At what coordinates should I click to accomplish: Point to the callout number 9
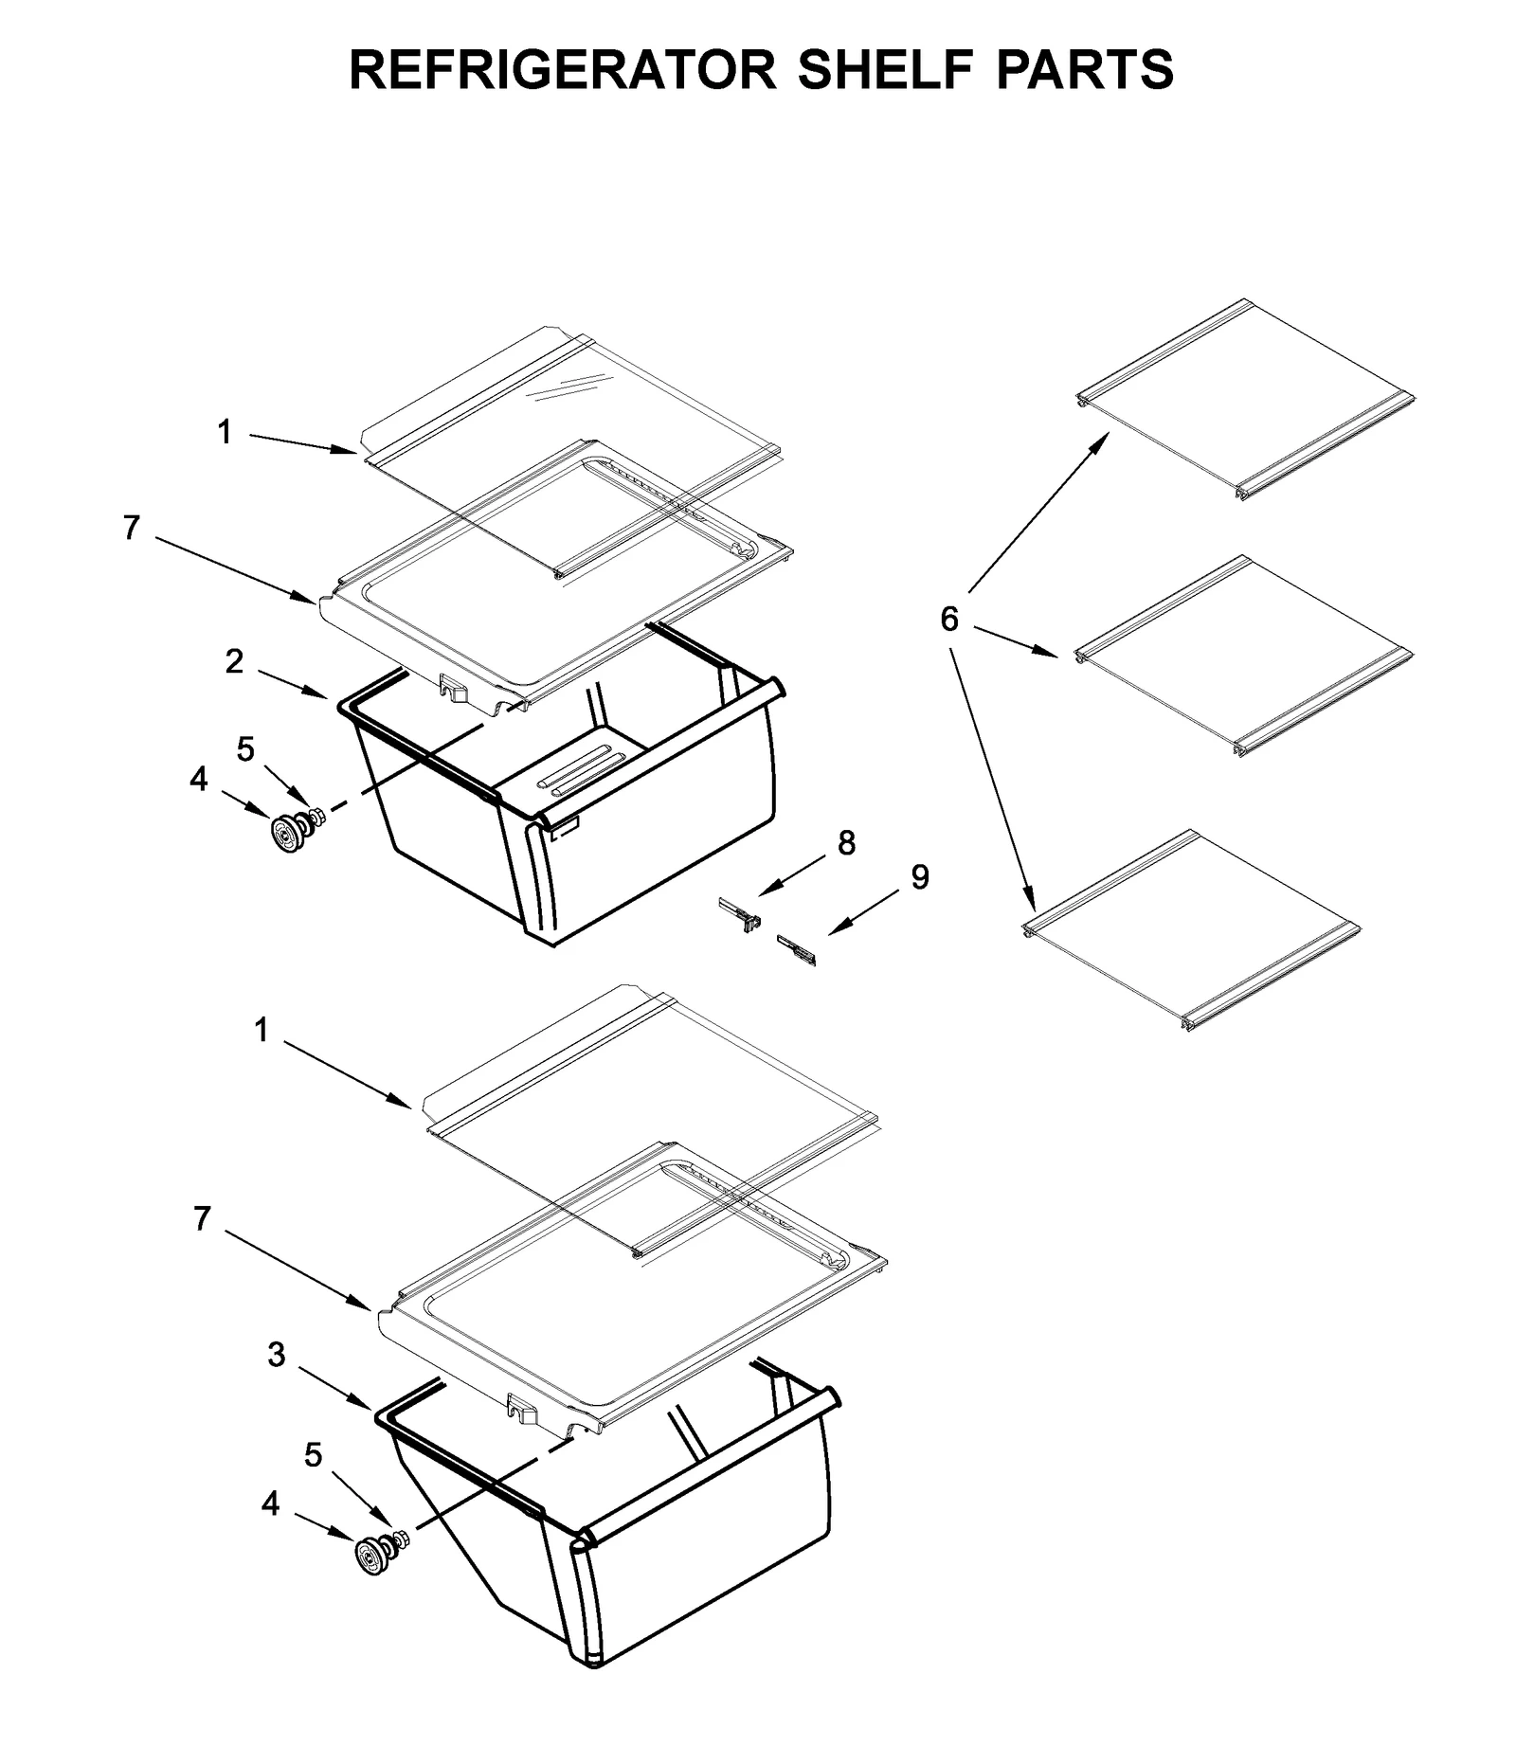(x=919, y=877)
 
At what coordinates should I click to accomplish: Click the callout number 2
(x=234, y=661)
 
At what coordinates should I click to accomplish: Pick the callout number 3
(x=276, y=1355)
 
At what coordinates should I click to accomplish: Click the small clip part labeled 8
(x=740, y=915)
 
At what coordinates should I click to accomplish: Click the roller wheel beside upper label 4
(x=285, y=834)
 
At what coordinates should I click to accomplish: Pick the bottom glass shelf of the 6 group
(x=1192, y=929)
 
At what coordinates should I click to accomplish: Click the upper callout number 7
(x=131, y=528)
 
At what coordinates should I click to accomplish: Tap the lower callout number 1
(x=261, y=1030)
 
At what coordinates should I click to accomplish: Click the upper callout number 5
(x=245, y=749)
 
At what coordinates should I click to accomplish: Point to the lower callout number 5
(x=313, y=1454)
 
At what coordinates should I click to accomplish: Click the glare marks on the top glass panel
(x=566, y=387)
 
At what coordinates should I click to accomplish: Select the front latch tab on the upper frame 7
(x=454, y=687)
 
